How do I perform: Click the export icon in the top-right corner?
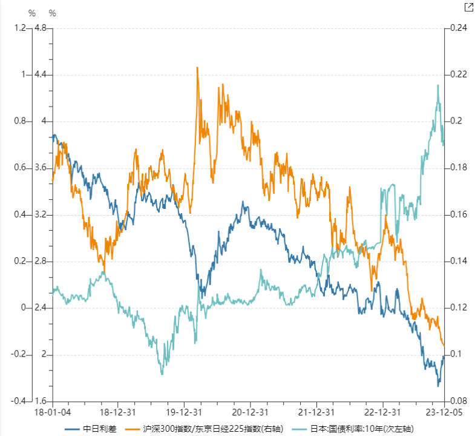(468, 7)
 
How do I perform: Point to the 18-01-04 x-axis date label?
(53, 412)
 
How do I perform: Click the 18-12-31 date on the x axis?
(118, 412)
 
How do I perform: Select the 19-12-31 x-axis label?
(183, 412)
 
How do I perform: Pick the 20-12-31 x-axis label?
(249, 412)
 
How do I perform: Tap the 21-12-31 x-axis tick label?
(315, 412)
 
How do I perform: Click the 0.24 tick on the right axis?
(456, 28)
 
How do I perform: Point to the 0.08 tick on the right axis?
(456, 401)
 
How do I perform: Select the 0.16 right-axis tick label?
(456, 215)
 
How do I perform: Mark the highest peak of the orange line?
(197, 67)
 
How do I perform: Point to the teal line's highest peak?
(438, 85)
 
